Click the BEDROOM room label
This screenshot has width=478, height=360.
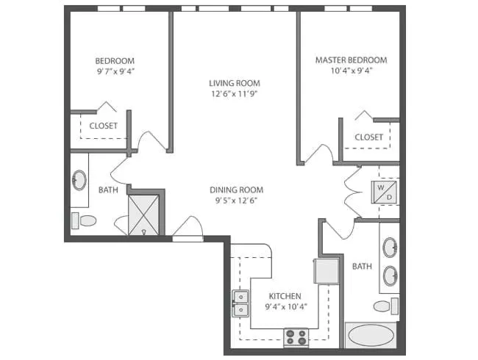115,60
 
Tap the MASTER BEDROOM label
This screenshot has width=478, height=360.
351,60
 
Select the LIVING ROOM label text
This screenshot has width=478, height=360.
235,83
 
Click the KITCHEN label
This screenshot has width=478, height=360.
285,295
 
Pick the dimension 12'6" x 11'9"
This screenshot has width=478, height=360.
235,94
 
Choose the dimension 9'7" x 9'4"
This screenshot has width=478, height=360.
115,71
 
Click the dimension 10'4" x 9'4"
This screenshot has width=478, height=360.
351,71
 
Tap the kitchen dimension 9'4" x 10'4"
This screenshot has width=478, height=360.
285,306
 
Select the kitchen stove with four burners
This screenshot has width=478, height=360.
296,338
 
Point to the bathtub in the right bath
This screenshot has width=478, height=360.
371,336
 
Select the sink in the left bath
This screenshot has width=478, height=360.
79,180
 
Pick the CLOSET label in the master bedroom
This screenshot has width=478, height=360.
368,137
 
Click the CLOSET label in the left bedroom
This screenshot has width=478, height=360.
104,126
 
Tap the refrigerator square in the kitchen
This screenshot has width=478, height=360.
326,270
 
